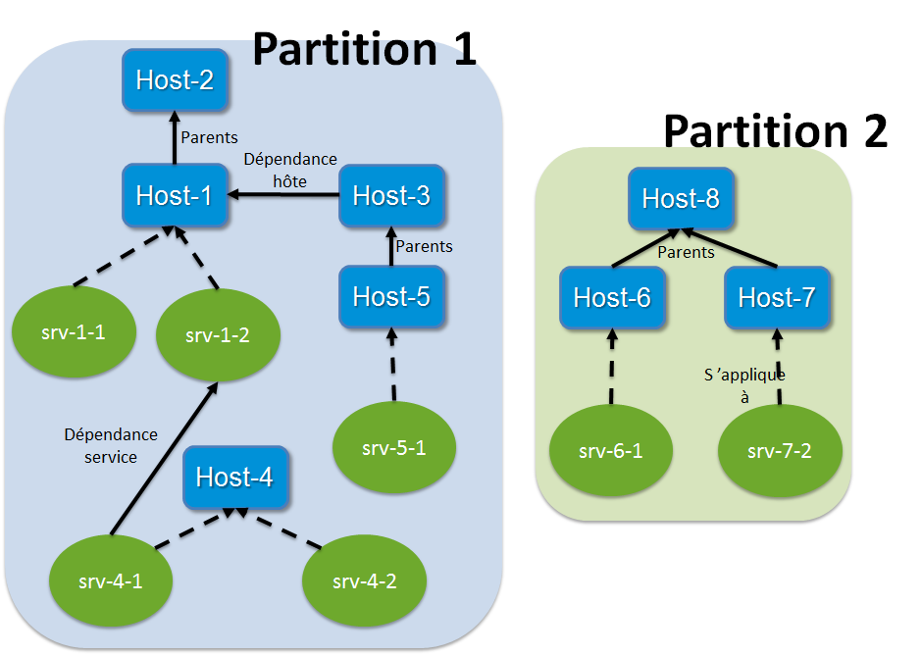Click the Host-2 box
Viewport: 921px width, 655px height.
point(176,79)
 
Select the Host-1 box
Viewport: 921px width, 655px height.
point(176,195)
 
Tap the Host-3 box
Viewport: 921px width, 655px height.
point(391,195)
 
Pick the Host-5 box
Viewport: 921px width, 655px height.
point(391,295)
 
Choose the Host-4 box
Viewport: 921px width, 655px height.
point(234,478)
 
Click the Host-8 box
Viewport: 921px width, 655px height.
point(681,199)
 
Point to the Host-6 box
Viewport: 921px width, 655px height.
point(612,296)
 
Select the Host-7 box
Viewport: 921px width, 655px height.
point(778,296)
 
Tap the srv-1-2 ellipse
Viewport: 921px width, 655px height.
point(218,335)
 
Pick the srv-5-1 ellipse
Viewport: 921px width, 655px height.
point(394,449)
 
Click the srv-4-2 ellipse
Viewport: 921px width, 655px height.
point(364,580)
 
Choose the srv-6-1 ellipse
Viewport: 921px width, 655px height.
point(611,451)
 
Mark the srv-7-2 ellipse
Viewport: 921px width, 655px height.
point(780,451)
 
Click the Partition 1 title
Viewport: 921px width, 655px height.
point(365,49)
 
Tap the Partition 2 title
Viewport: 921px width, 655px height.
point(775,130)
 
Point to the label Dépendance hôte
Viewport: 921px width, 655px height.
point(289,170)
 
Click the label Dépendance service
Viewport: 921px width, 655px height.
point(111,445)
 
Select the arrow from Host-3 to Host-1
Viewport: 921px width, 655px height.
point(284,195)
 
